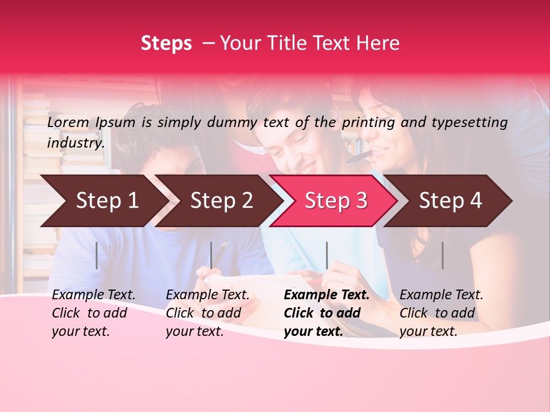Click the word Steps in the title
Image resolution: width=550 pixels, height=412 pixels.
click(x=166, y=43)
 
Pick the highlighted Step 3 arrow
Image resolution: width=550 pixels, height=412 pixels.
click(x=335, y=201)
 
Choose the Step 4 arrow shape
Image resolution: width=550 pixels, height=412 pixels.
click(x=450, y=201)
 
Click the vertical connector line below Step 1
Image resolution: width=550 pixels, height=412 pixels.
click(x=97, y=255)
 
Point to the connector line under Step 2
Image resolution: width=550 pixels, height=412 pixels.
click(x=211, y=255)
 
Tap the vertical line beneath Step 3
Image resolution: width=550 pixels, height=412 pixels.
click(x=327, y=255)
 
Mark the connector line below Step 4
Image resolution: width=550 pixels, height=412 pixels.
click(x=442, y=255)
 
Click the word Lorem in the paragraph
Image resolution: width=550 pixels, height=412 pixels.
click(x=68, y=122)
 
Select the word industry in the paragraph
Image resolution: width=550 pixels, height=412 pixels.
click(x=76, y=142)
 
